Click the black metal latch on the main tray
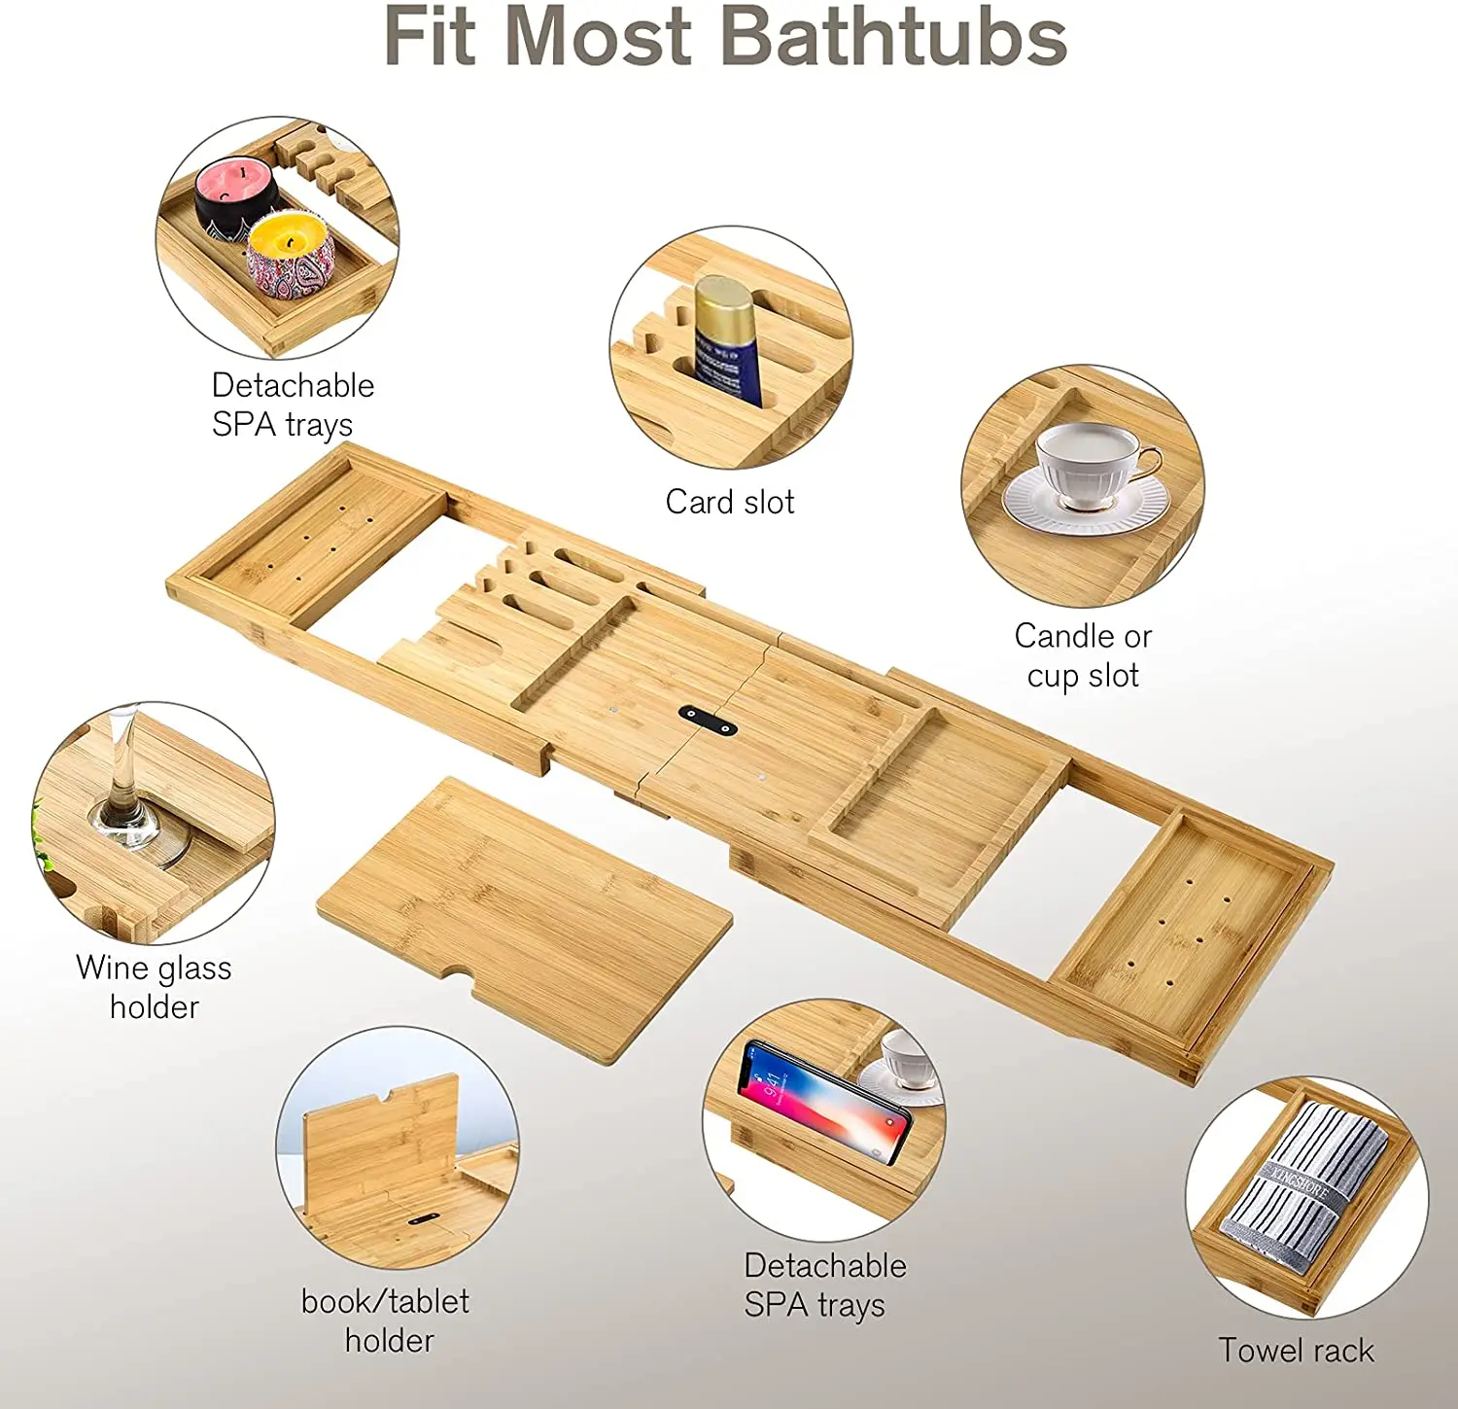tap(708, 722)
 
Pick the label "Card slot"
tap(730, 502)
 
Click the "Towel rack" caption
tap(1297, 1350)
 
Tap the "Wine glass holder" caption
tap(154, 987)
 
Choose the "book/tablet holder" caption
tap(386, 1321)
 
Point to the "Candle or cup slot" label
tap(1083, 655)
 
